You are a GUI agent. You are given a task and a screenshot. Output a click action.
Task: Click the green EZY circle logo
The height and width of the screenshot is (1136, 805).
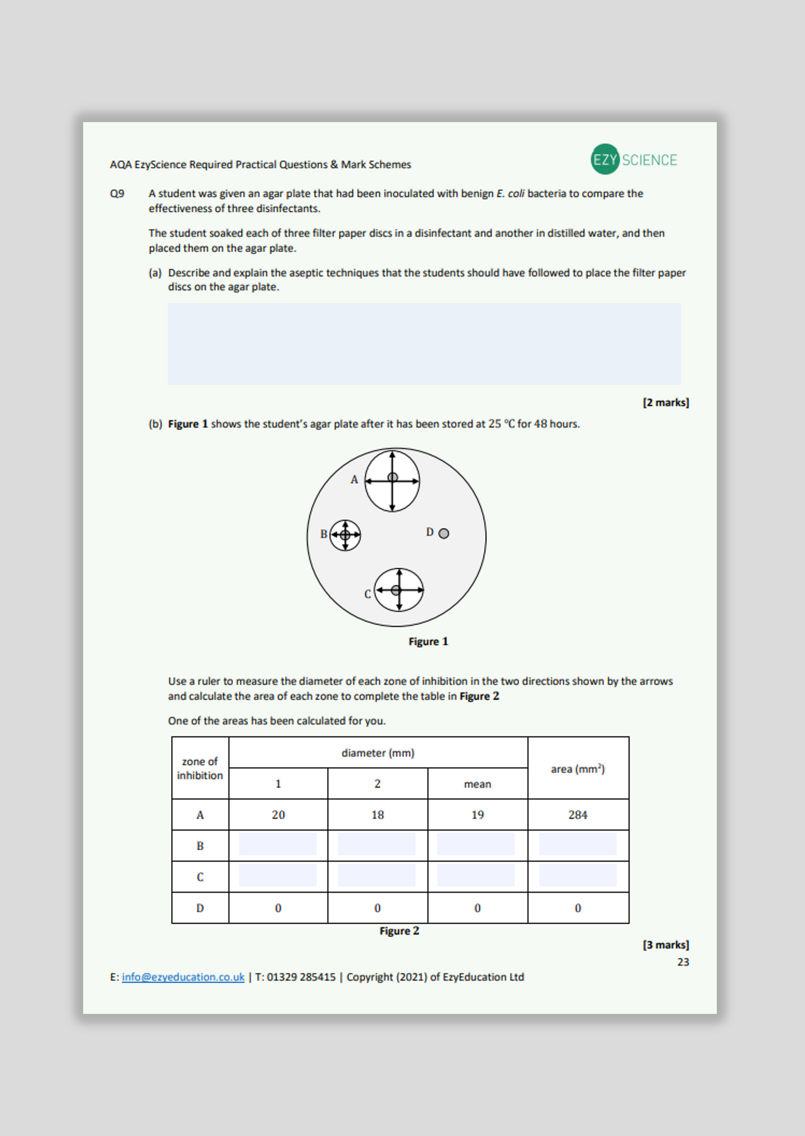605,160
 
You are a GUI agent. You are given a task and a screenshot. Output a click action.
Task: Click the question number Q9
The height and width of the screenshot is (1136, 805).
117,194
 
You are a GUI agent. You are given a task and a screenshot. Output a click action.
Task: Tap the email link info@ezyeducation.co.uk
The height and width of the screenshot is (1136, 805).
183,977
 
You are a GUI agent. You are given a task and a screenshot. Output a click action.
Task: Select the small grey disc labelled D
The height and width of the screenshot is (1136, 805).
443,533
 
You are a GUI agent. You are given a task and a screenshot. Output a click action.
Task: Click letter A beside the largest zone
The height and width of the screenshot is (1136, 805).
354,479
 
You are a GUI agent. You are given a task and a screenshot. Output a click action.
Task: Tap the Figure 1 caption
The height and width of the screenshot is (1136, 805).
428,641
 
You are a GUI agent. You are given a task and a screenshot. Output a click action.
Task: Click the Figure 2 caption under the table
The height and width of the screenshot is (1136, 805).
399,931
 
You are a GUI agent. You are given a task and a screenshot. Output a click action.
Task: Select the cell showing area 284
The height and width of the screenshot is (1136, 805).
578,815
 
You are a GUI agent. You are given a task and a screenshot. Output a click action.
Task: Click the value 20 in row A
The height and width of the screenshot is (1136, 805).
278,815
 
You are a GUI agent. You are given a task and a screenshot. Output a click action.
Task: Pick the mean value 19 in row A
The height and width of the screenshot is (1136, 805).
477,815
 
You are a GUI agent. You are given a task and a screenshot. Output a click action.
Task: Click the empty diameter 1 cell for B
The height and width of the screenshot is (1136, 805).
277,844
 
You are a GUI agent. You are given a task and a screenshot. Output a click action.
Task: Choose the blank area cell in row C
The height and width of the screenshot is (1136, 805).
578,875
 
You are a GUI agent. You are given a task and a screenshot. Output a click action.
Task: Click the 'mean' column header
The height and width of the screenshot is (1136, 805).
477,784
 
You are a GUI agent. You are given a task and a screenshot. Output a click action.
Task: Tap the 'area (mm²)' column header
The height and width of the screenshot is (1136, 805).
578,769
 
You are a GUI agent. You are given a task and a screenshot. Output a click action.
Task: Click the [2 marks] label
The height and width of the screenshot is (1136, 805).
665,402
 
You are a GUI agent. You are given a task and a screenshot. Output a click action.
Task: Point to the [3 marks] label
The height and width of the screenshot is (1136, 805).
665,945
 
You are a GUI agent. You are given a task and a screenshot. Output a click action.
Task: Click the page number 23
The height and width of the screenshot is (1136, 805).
683,962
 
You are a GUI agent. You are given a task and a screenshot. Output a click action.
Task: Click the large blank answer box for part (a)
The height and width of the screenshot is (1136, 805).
424,343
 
